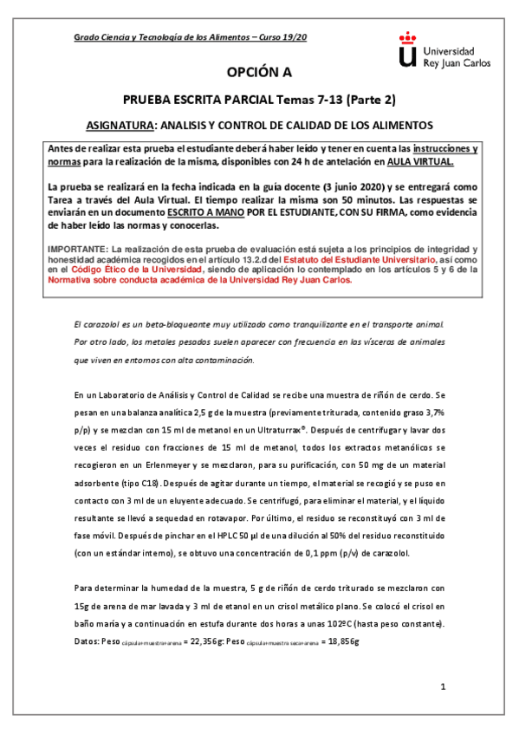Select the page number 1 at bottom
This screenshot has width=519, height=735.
click(x=442, y=687)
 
